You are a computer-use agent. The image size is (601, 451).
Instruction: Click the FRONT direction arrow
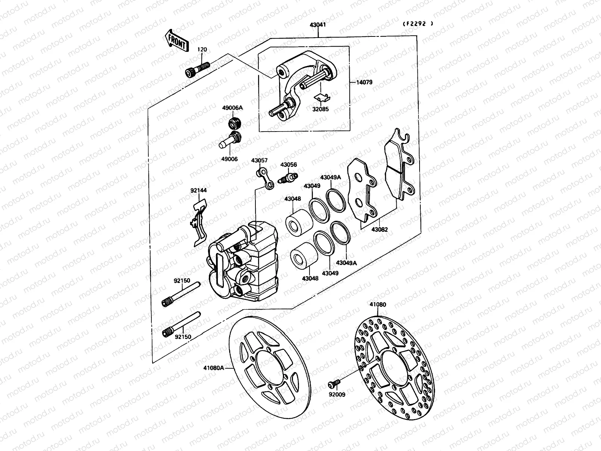[175, 40]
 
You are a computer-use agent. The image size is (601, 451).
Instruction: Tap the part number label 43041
[317, 25]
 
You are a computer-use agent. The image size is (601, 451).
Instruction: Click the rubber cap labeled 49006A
[235, 123]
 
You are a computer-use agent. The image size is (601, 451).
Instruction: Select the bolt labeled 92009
[334, 383]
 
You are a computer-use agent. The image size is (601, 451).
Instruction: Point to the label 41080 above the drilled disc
[378, 305]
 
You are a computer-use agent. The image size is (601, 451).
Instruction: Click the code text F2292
[418, 23]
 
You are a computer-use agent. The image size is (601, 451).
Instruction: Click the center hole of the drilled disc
[393, 366]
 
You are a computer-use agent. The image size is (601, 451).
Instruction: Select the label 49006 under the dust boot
[229, 159]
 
